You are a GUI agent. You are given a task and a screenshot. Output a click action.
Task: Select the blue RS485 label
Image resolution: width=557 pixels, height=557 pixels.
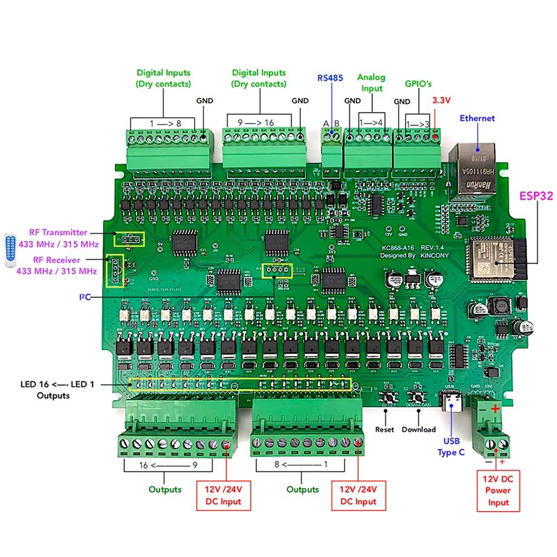[x=331, y=78]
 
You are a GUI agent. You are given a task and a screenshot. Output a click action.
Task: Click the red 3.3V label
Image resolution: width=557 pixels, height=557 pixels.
[x=442, y=100]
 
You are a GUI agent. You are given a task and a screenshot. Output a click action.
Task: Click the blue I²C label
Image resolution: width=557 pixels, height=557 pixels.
[x=85, y=297]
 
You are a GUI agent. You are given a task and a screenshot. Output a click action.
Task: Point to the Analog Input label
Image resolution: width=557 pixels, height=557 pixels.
[x=370, y=83]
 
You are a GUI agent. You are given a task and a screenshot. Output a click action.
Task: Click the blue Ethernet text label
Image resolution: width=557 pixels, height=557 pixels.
[x=477, y=118]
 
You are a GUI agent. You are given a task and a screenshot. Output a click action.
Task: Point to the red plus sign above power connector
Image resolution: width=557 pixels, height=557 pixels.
[x=495, y=409]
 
